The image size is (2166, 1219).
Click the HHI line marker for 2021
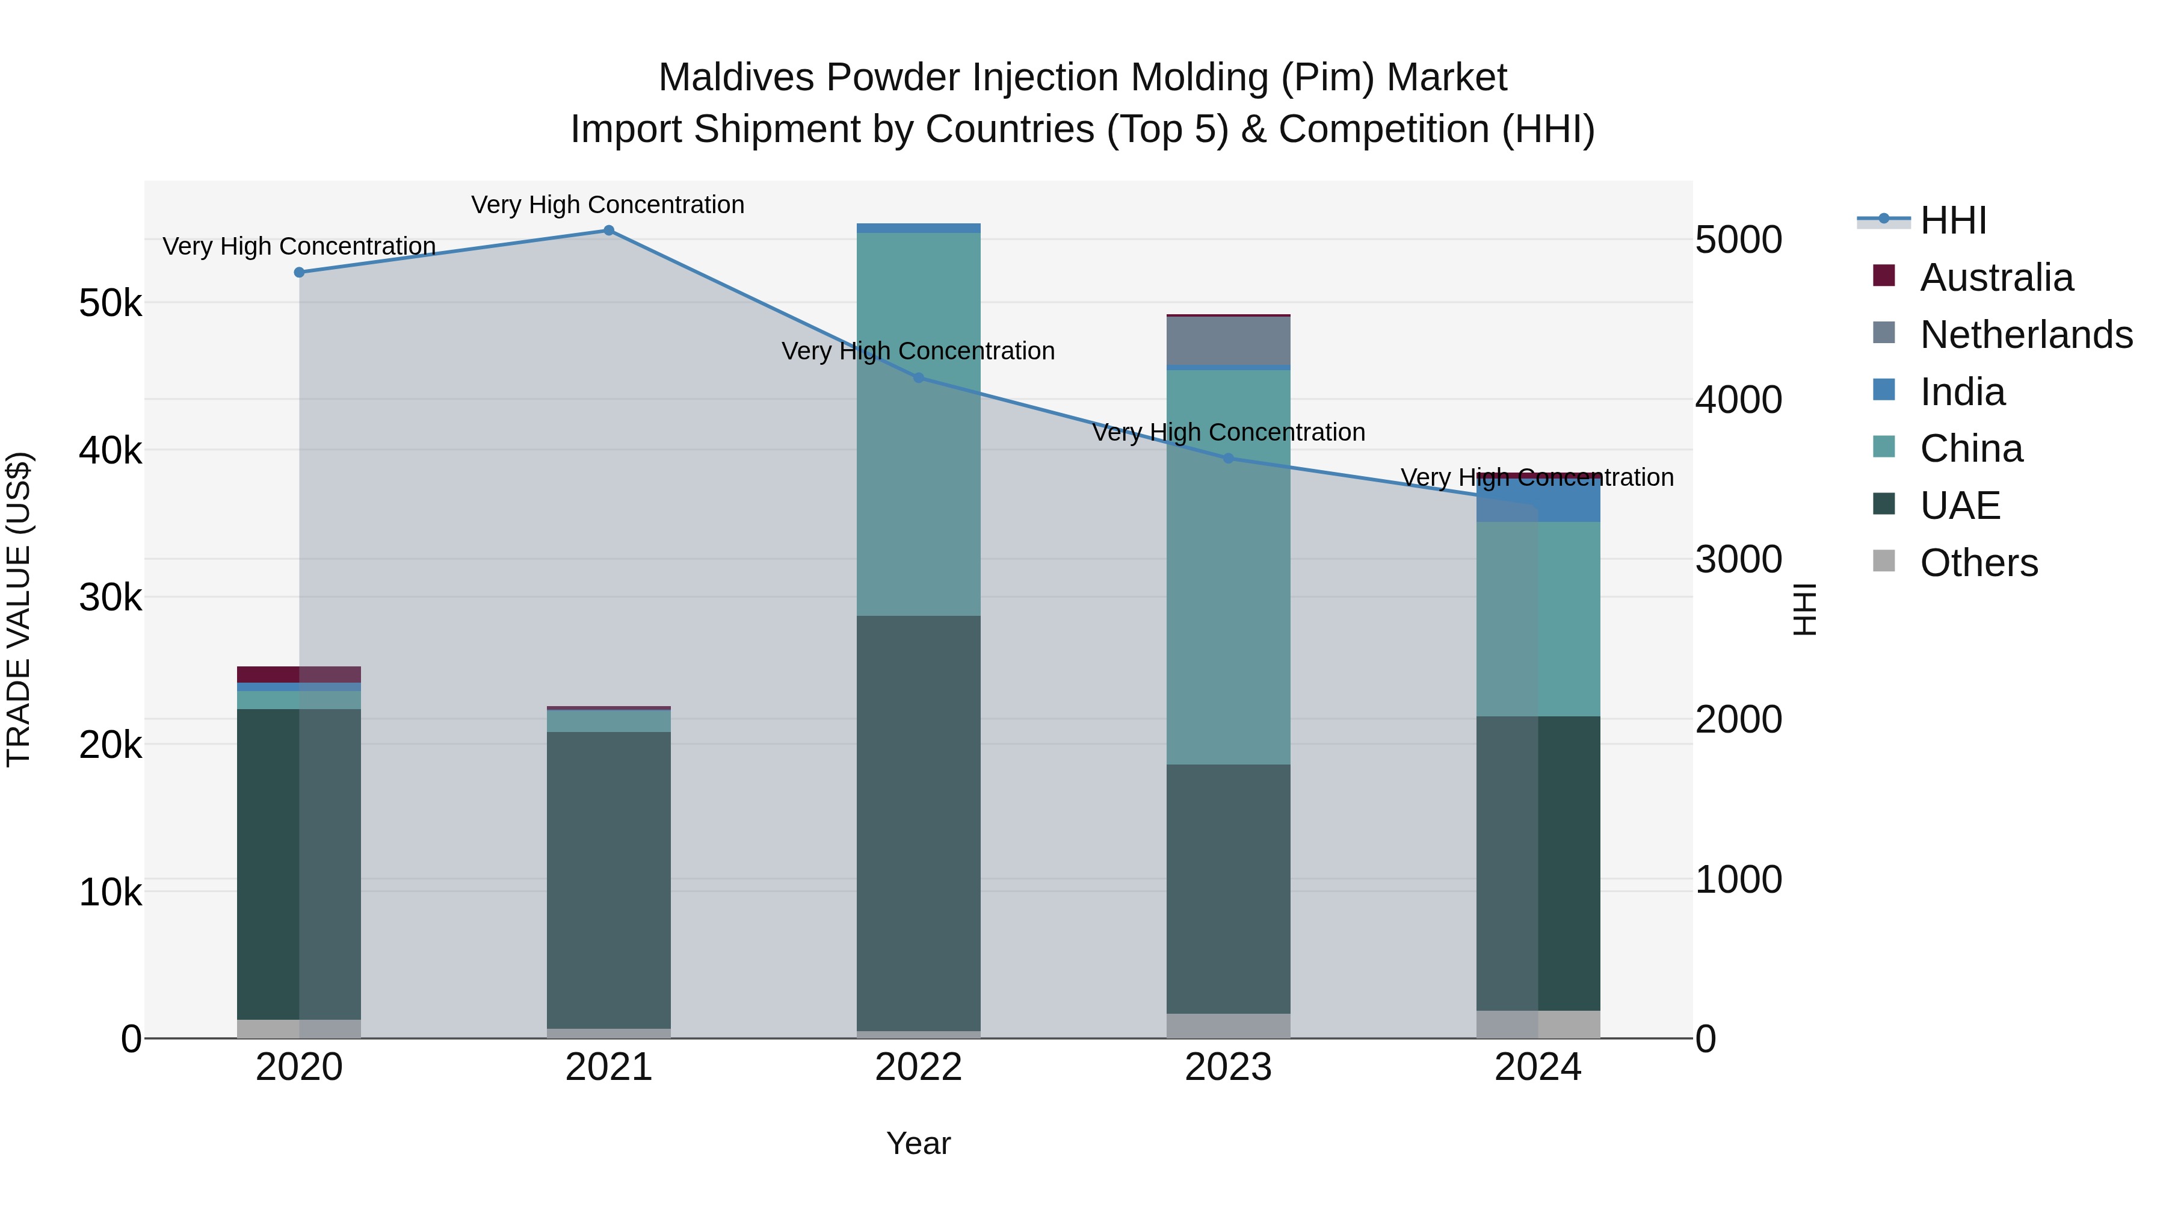(609, 231)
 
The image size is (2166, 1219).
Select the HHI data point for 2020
(300, 273)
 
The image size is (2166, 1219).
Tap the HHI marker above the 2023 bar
(1229, 459)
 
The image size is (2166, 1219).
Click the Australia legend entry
(1996, 278)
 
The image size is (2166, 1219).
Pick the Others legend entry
(1978, 563)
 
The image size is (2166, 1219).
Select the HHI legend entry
(1952, 220)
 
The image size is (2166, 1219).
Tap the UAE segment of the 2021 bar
(609, 879)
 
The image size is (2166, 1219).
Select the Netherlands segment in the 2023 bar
(1229, 341)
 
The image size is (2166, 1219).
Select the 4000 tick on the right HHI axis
(1738, 400)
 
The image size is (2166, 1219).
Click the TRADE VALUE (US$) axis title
(19, 609)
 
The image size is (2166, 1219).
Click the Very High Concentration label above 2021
(608, 205)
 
